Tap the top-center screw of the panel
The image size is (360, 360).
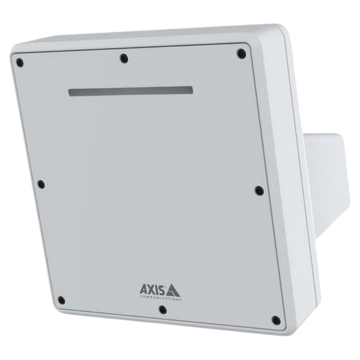coord(124,57)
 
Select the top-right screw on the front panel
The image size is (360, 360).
coord(241,54)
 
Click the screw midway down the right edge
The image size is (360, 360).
coord(258,190)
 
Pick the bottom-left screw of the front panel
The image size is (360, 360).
coord(61,300)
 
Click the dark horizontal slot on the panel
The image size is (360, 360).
coord(131,91)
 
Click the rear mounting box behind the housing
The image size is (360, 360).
coord(329,173)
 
